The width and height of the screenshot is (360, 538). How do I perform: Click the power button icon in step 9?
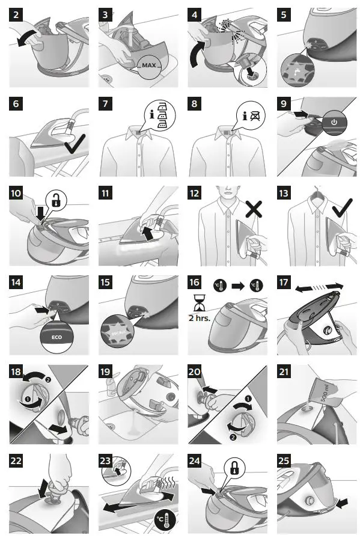(334, 121)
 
